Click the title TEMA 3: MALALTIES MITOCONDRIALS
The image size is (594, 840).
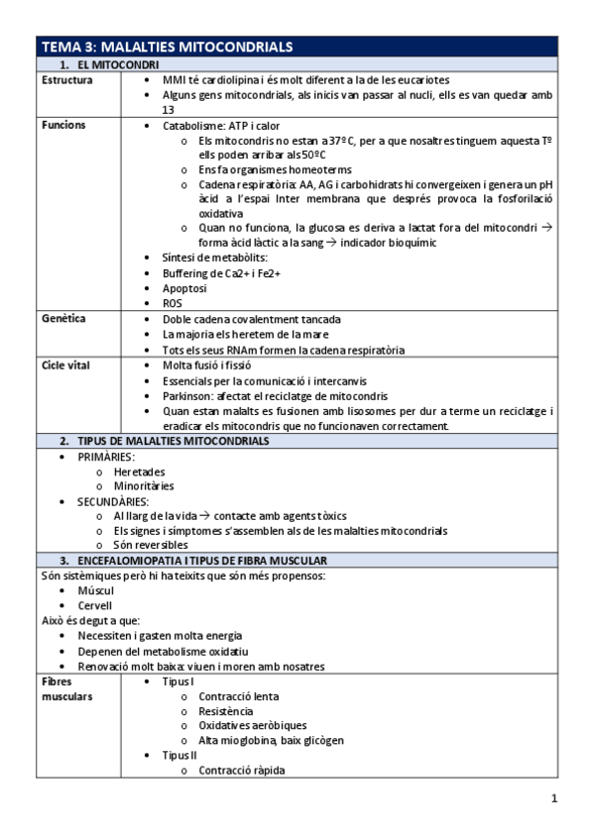[167, 48]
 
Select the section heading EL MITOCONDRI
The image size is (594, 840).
[111, 64]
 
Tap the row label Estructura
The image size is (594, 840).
[67, 79]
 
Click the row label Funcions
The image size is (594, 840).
[63, 126]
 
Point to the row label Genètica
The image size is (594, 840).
[63, 319]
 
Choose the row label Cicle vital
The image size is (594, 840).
[66, 366]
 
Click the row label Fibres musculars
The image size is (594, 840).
[67, 689]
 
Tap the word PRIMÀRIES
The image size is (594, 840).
[106, 457]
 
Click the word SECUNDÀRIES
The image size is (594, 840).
[113, 502]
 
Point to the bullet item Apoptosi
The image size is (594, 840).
[184, 288]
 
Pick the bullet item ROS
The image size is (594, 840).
[173, 303]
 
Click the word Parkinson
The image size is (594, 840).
[187, 396]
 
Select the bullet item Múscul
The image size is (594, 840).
[96, 590]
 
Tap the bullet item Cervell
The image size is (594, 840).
[95, 605]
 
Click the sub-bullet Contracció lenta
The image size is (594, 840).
[238, 696]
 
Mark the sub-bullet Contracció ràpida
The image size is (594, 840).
[240, 770]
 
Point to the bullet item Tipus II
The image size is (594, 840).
[180, 755]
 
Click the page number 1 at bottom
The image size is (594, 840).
[555, 799]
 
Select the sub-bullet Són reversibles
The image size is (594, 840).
[151, 545]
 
